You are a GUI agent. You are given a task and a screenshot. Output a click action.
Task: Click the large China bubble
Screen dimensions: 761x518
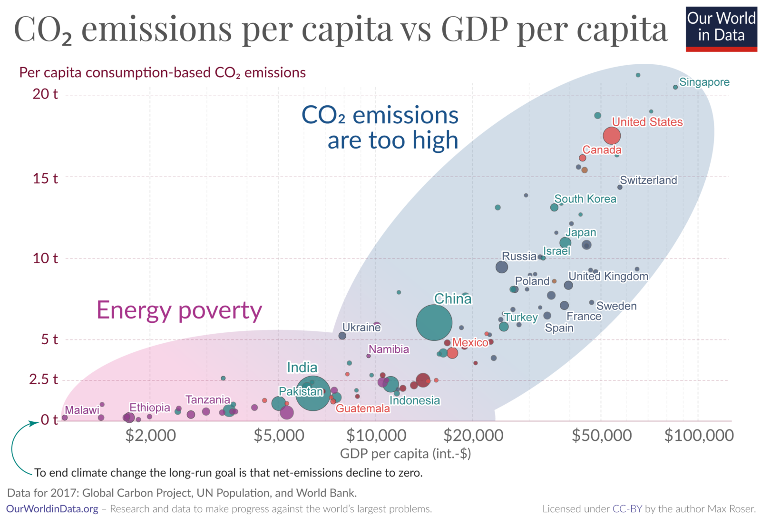pyautogui.click(x=434, y=322)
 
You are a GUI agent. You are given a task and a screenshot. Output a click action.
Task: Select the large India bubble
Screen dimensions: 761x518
pyautogui.click(x=313, y=393)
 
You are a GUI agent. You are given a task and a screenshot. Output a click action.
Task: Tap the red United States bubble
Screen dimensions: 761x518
pyautogui.click(x=612, y=135)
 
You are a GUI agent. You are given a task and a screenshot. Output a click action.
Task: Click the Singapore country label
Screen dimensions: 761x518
pyautogui.click(x=704, y=82)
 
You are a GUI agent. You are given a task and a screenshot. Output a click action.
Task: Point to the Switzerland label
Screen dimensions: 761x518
pyautogui.click(x=648, y=180)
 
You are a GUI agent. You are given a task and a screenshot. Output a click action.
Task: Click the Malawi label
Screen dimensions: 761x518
pyautogui.click(x=82, y=410)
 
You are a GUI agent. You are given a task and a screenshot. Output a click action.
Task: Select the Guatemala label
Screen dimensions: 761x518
pyautogui.click(x=363, y=408)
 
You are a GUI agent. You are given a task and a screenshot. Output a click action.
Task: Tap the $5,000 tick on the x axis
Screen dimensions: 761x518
pyautogui.click(x=279, y=435)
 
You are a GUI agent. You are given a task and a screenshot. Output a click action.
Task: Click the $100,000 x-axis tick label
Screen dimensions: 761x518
pyautogui.click(x=699, y=435)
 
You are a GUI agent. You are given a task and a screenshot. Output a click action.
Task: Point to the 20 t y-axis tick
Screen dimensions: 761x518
pyautogui.click(x=45, y=93)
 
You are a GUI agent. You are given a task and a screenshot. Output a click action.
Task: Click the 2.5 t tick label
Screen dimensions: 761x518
pyautogui.click(x=43, y=379)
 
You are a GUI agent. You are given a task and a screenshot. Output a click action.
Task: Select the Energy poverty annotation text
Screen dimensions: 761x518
pyautogui.click(x=179, y=310)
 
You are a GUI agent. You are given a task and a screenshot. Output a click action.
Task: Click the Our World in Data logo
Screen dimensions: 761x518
pyautogui.click(x=721, y=29)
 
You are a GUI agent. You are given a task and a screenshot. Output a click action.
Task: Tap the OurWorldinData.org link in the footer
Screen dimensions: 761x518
pyautogui.click(x=52, y=509)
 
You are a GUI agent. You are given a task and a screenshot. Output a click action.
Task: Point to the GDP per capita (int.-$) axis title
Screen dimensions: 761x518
pyautogui.click(x=405, y=454)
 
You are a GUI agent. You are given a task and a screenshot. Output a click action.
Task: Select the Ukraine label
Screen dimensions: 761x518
pyautogui.click(x=361, y=327)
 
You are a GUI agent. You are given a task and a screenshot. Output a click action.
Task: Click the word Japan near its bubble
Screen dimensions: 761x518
pyautogui.click(x=581, y=233)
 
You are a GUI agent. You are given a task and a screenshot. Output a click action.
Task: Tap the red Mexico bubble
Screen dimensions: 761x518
pyautogui.click(x=452, y=353)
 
